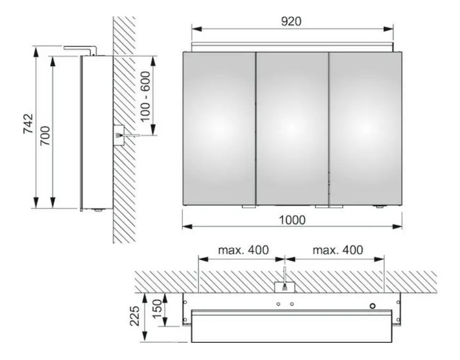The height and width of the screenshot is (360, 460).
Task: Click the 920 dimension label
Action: click(292, 21)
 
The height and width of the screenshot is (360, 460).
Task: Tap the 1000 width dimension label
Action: click(292, 220)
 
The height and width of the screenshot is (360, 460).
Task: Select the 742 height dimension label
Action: click(28, 124)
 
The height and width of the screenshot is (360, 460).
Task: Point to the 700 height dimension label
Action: click(45, 135)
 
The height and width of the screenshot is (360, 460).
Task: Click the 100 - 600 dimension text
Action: click(145, 96)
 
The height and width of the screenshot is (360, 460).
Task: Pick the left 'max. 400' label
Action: click(243, 250)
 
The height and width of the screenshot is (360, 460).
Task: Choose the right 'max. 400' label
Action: click(337, 250)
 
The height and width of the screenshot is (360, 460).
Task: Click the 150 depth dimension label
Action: click(157, 309)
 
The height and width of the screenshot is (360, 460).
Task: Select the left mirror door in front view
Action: click(219, 128)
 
